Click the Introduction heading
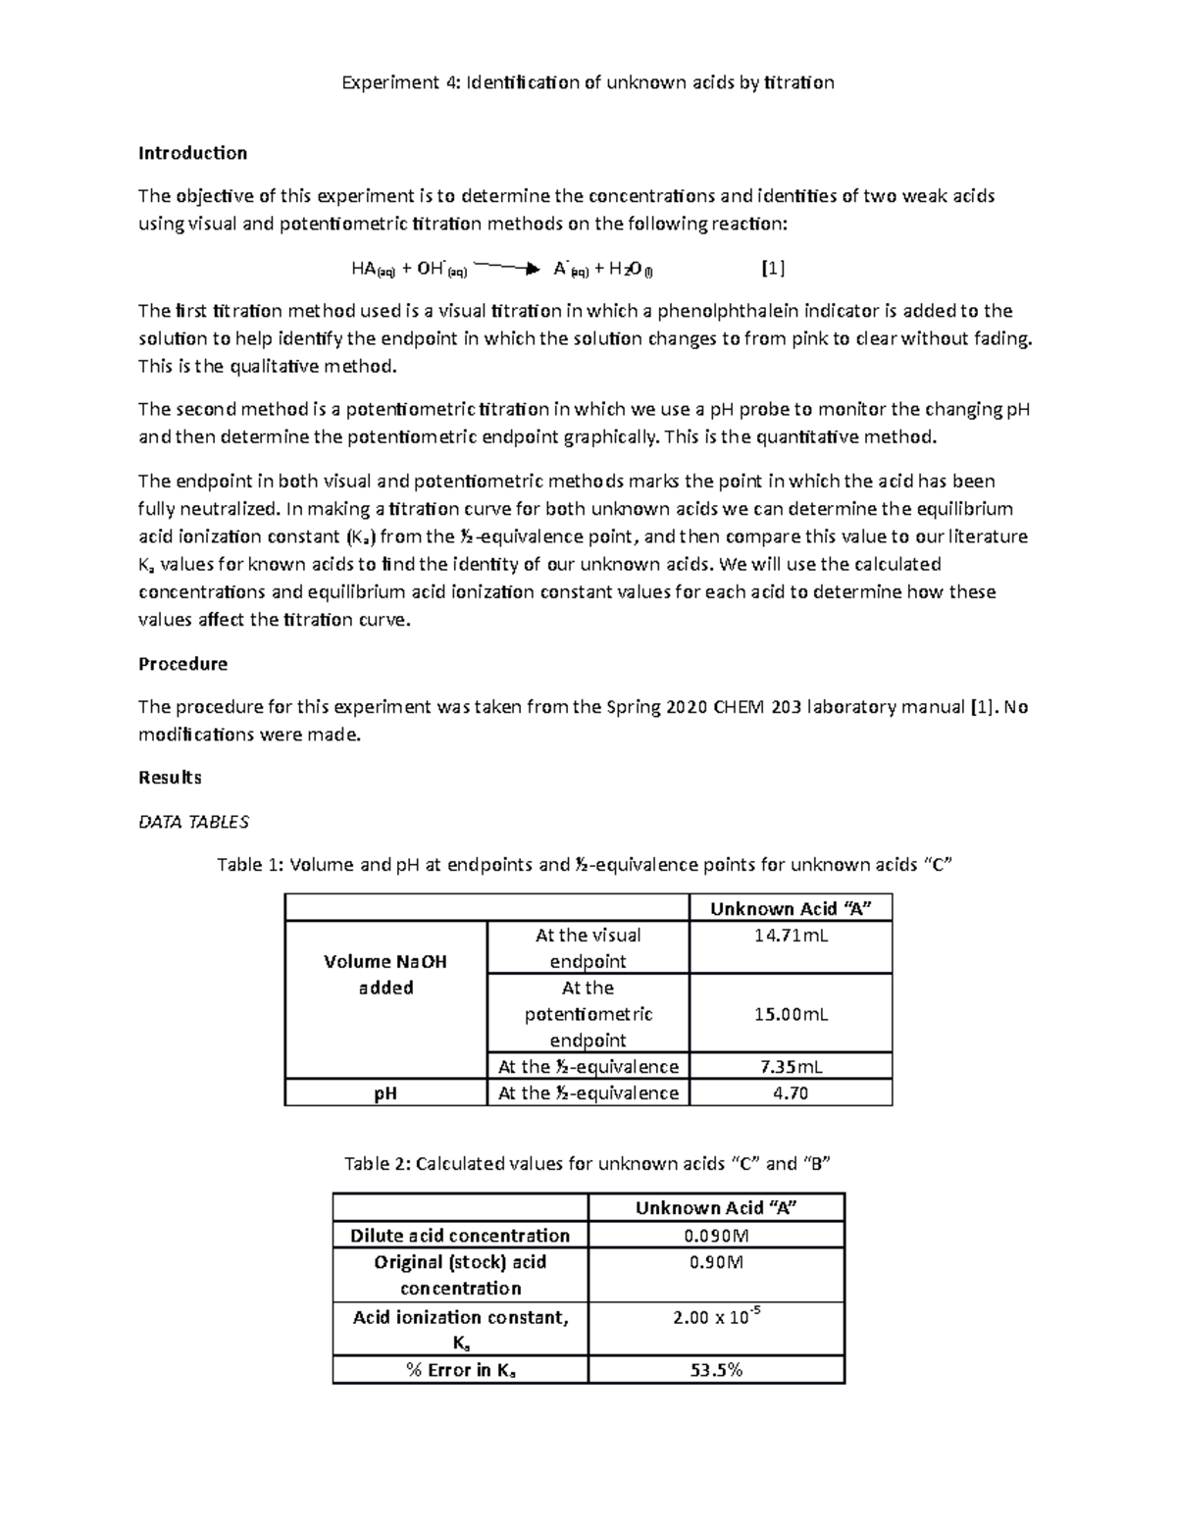coord(192,153)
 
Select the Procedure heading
coord(182,664)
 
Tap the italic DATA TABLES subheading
coord(193,822)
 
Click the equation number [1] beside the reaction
coord(773,268)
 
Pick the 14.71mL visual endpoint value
coord(791,936)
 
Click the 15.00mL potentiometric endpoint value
coord(791,1014)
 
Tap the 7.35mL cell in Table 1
coord(791,1066)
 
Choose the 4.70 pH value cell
coord(791,1092)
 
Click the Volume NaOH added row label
coord(385,975)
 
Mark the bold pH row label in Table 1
coord(385,1092)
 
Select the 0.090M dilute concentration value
coord(716,1236)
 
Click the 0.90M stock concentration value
coord(716,1262)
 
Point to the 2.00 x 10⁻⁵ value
coord(716,1317)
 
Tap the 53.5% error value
coord(716,1370)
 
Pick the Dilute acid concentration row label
coord(460,1236)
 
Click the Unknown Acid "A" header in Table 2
coord(716,1208)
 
